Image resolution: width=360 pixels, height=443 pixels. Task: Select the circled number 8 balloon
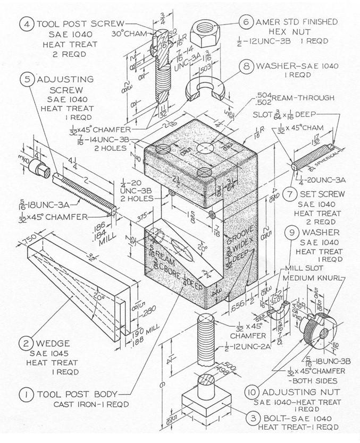(x=246, y=67)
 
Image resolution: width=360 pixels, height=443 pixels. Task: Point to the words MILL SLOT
(x=300, y=268)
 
